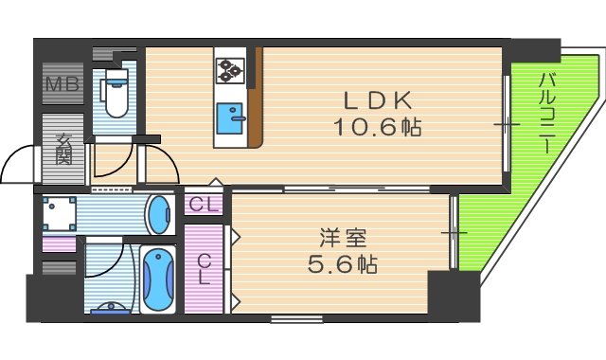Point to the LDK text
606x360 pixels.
[376, 99]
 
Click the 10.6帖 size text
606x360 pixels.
[376, 126]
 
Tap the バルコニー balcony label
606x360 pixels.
[546, 115]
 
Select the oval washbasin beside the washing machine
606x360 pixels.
[159, 214]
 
